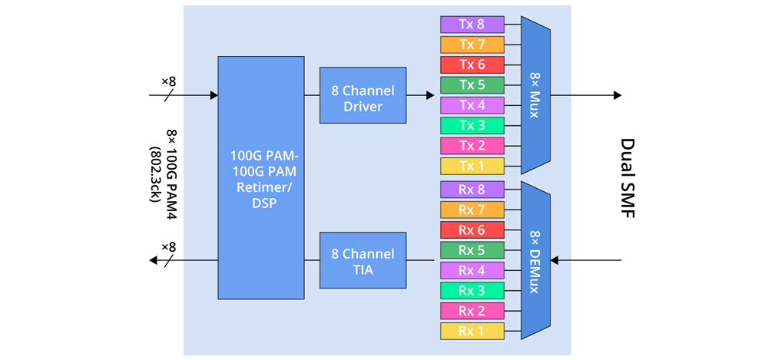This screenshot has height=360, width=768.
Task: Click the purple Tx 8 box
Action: click(x=472, y=25)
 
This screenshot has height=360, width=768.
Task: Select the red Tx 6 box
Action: click(x=472, y=64)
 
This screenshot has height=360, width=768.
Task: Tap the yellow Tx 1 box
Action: click(x=472, y=166)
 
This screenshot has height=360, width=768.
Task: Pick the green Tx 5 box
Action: click(x=472, y=85)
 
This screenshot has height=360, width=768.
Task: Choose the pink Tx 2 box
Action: click(x=472, y=146)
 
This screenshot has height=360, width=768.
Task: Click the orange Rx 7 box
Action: click(x=472, y=210)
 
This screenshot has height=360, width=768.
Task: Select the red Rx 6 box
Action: click(x=472, y=230)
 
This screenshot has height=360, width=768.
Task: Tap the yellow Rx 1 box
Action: click(x=472, y=331)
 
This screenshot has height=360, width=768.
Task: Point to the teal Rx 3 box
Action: click(x=472, y=290)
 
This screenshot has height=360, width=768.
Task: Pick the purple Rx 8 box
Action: click(x=472, y=190)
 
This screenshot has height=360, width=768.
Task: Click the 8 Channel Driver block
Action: click(x=362, y=95)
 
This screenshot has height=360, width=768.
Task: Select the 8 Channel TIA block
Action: click(x=362, y=260)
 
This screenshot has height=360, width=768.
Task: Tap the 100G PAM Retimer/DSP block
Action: click(x=260, y=177)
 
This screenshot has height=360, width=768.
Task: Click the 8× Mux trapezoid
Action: click(x=535, y=95)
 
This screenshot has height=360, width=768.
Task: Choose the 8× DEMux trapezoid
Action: click(x=535, y=260)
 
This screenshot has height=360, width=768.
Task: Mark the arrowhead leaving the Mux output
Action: click(x=617, y=95)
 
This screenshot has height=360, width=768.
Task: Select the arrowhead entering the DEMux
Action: click(x=555, y=261)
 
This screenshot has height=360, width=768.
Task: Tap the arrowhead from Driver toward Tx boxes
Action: click(x=430, y=96)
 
